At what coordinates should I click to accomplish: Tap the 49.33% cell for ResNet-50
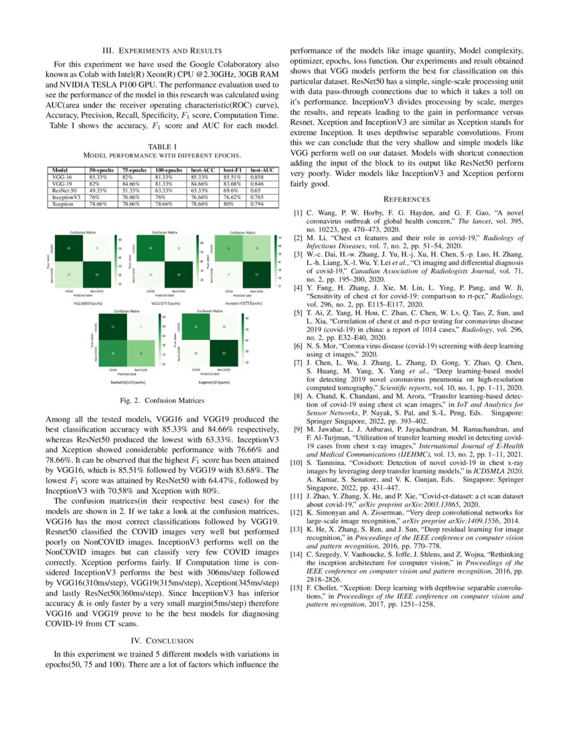point(106,189)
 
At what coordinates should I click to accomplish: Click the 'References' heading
point(407,199)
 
